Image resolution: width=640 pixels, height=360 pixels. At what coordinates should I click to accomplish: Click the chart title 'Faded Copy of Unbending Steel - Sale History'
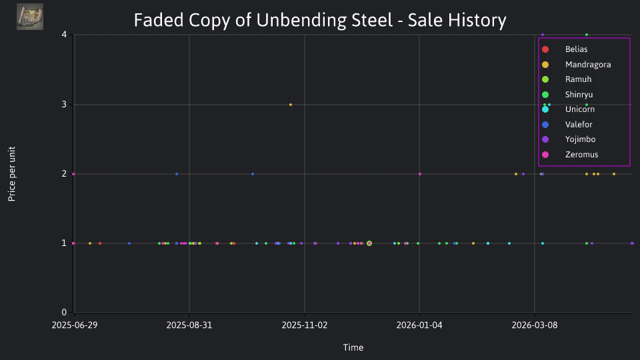[320, 21]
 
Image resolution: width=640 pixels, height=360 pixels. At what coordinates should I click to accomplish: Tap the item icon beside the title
[30, 17]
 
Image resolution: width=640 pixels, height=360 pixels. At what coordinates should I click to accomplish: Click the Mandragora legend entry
[576, 65]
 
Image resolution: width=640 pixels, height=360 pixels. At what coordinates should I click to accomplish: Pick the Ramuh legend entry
[566, 79]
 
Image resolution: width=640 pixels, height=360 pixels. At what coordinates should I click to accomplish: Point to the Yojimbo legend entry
[568, 139]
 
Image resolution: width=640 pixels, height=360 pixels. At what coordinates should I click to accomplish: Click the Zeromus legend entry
[569, 154]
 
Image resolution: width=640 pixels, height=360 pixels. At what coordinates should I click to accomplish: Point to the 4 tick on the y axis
[64, 34]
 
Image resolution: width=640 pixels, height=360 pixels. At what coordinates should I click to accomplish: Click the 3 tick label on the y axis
[64, 105]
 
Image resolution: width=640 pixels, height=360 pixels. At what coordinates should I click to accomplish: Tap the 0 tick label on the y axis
[64, 312]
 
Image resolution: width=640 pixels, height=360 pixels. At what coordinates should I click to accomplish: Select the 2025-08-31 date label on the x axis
[189, 325]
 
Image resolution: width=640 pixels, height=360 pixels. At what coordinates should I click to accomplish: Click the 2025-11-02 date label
[305, 325]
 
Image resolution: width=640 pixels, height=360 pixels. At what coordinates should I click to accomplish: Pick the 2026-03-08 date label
[534, 325]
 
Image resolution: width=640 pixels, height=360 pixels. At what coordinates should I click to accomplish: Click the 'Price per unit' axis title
[12, 174]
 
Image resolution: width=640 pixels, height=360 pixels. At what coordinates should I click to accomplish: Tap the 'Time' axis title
[353, 347]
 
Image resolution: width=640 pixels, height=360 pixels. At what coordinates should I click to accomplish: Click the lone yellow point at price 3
[291, 105]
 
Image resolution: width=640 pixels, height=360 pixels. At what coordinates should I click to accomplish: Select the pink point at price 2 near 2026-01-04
[420, 174]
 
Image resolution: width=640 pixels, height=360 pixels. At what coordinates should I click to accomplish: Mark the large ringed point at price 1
[369, 244]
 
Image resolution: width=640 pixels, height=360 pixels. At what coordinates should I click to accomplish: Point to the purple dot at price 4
[543, 35]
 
